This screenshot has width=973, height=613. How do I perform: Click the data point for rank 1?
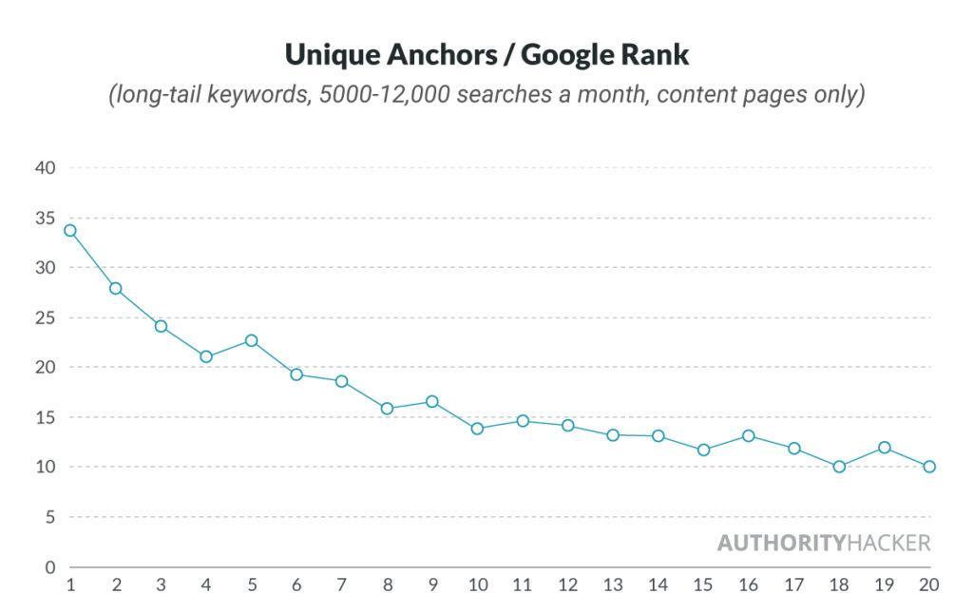[x=70, y=230]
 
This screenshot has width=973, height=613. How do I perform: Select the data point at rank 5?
[x=251, y=340]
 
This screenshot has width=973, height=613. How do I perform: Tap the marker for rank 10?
[x=477, y=429]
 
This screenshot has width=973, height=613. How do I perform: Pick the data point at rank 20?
[x=929, y=467]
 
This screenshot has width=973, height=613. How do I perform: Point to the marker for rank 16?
[x=749, y=436]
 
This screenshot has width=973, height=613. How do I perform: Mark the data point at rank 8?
[x=387, y=409]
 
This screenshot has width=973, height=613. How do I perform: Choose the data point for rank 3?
[x=161, y=326]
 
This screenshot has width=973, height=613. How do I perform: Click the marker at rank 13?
[x=613, y=435]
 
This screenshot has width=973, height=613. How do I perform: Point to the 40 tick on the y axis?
[x=47, y=168]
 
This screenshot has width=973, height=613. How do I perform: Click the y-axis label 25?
[x=47, y=317]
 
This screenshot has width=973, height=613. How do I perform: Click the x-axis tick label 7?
[x=341, y=585]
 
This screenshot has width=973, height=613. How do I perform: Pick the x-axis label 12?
[x=567, y=585]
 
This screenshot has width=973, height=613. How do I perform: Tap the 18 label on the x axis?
[x=839, y=585]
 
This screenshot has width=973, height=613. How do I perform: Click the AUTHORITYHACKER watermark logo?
[x=823, y=544]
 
